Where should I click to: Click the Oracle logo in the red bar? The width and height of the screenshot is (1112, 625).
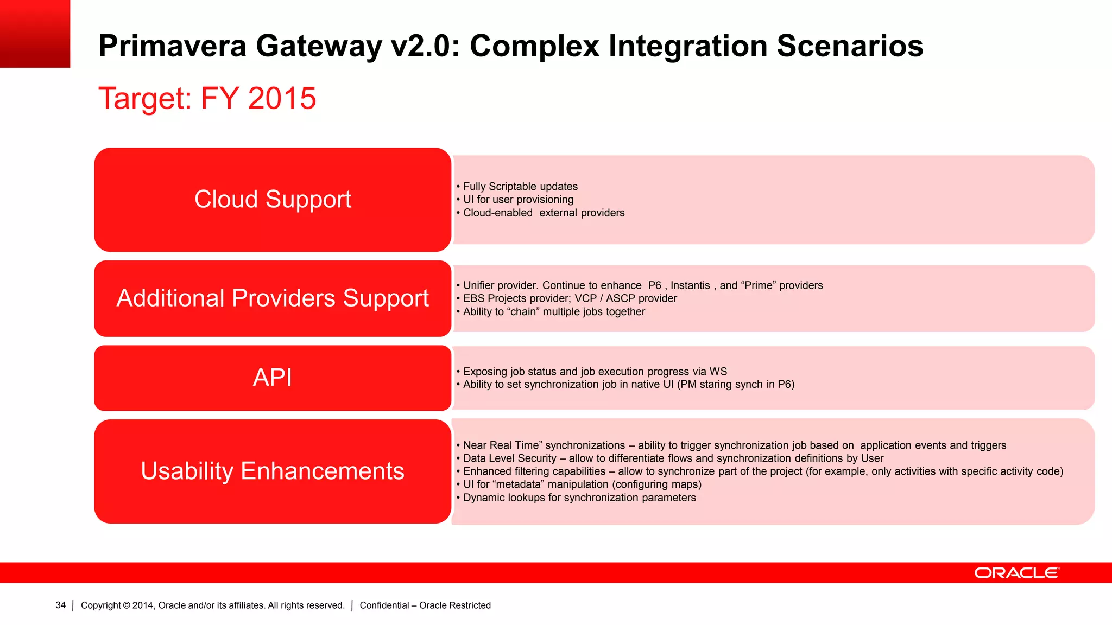(1016, 573)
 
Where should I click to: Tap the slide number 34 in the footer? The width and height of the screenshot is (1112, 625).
(60, 605)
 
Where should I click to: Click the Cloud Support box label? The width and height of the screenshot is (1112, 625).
(273, 199)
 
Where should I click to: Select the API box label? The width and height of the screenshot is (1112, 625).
(273, 378)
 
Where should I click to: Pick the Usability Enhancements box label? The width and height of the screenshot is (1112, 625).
(273, 471)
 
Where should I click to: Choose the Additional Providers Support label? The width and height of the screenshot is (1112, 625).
(273, 298)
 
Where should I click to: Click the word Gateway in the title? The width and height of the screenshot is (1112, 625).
(319, 46)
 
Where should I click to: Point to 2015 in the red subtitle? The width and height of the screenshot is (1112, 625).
(282, 98)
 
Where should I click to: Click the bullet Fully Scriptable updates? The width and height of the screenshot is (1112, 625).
(520, 187)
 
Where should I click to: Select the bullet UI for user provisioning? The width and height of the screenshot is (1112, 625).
(517, 200)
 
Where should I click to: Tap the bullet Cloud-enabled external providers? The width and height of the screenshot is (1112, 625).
(543, 213)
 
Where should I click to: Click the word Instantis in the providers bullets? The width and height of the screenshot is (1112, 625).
(690, 285)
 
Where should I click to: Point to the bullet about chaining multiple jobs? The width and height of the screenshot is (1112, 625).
(553, 312)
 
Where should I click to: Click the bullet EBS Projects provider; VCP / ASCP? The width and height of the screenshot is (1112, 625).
(569, 298)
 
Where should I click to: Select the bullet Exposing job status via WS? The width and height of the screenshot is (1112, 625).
(594, 372)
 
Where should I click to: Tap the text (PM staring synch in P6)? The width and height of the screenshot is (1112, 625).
(736, 385)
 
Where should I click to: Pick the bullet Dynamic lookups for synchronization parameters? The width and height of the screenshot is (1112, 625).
(579, 498)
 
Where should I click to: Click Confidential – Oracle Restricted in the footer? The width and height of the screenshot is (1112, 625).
(425, 605)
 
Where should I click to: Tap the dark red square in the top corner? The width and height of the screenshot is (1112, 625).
(35, 34)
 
